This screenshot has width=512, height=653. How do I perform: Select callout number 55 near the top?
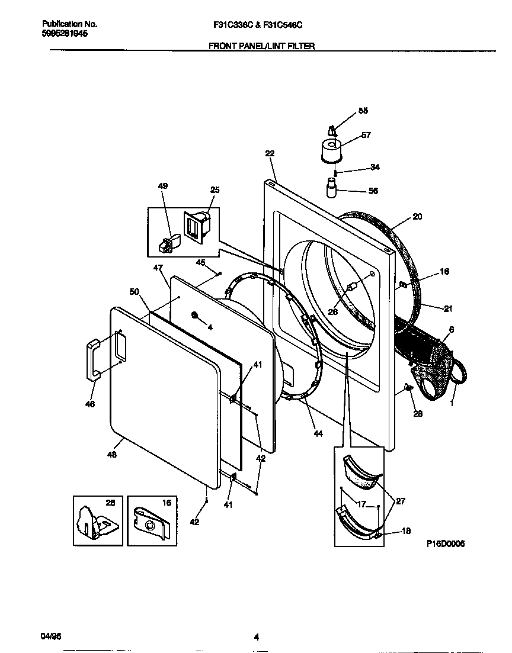(x=363, y=111)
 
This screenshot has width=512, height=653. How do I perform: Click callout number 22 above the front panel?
(x=270, y=153)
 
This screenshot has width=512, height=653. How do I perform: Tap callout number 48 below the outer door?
(x=112, y=455)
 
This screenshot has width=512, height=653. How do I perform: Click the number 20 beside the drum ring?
(x=417, y=217)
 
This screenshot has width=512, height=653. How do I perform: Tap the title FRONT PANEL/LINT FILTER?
(x=261, y=45)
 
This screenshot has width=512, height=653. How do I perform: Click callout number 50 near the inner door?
(x=134, y=291)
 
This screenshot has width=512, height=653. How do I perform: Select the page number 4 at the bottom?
(x=256, y=638)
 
